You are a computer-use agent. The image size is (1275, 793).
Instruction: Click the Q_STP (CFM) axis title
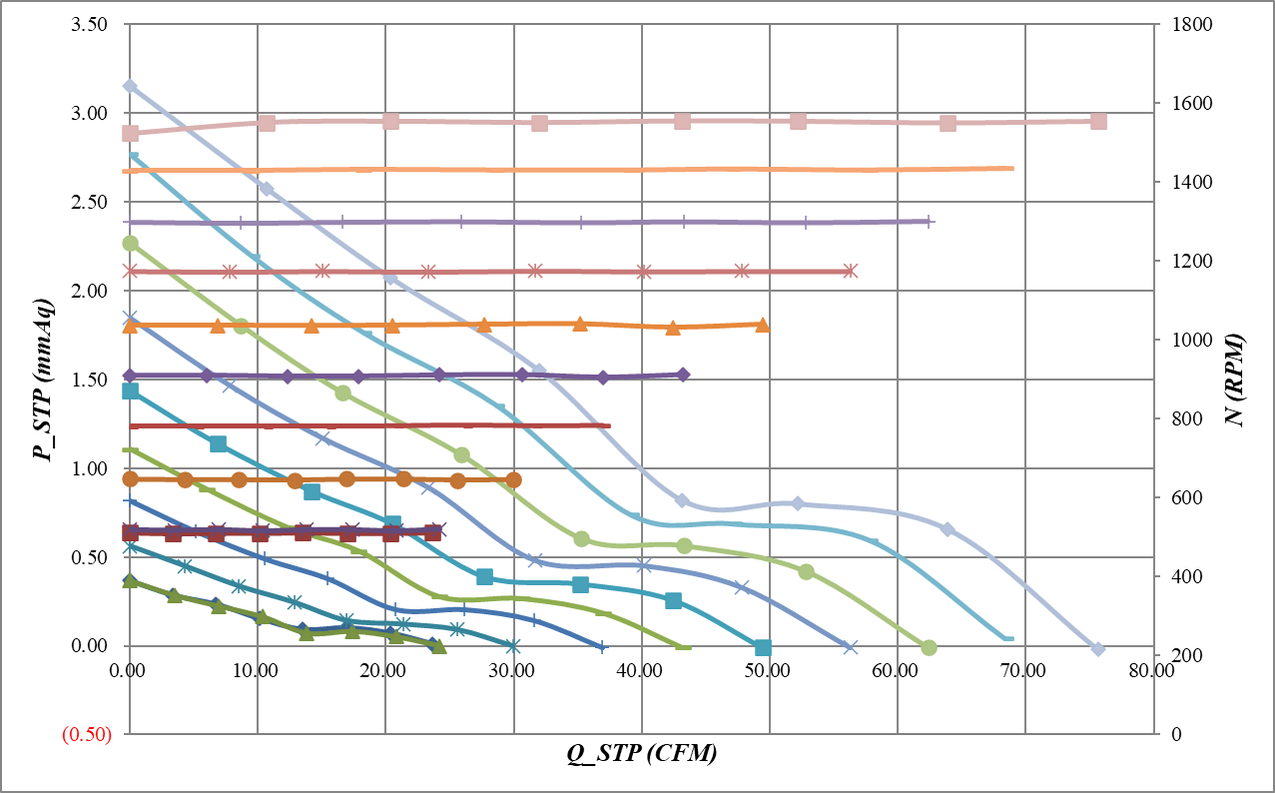point(642,755)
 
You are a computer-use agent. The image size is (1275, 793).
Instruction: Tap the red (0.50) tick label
point(86,735)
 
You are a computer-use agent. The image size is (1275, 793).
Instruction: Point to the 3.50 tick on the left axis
point(91,24)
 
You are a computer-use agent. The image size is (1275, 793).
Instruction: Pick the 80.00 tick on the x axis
point(1153,670)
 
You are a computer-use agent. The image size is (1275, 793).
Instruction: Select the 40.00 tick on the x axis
point(641,670)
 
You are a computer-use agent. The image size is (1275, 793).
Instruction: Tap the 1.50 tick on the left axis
point(91,380)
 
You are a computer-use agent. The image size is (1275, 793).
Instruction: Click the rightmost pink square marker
point(1098,121)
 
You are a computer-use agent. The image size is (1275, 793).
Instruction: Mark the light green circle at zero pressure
point(929,647)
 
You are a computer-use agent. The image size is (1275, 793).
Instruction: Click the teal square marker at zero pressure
point(763,647)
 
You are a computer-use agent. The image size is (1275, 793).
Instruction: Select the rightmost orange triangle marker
point(763,325)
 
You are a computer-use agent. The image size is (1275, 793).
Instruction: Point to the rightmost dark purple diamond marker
point(683,375)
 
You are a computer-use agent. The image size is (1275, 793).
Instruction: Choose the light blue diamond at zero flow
point(130,87)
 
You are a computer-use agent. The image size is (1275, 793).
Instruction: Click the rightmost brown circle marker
point(513,479)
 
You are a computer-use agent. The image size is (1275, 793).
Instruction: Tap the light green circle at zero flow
point(130,243)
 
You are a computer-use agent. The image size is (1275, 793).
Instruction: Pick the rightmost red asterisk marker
point(850,271)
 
